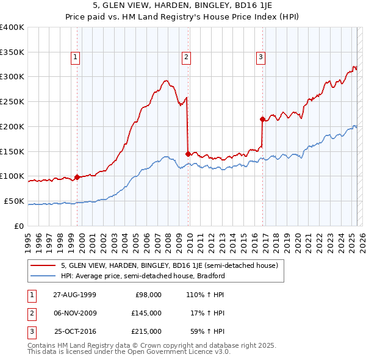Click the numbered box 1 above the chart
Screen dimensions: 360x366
pos(75,58)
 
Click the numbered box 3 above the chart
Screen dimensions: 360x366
pos(260,58)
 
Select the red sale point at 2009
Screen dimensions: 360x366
pos(188,154)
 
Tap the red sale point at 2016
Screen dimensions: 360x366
pos(262,119)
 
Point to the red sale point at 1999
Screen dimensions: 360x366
pos(77,178)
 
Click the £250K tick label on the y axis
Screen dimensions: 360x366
pos(12,102)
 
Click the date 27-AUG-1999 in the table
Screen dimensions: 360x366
pos(74,295)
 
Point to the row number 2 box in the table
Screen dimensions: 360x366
pos(30,313)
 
